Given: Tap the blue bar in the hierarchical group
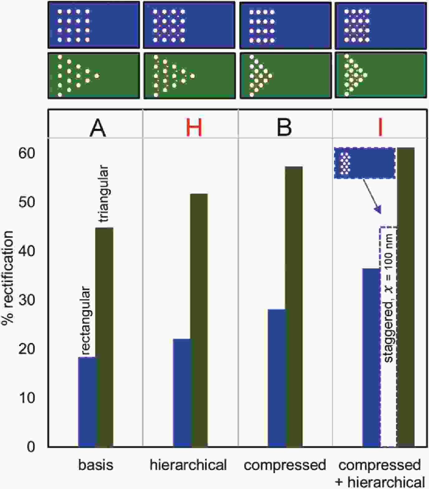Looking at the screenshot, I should [x=182, y=393].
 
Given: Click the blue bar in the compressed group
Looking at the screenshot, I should [x=276, y=378].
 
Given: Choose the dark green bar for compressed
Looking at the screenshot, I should [x=294, y=307].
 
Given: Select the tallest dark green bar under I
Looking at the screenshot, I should [x=406, y=297].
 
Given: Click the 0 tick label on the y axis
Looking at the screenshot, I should [x=31, y=447].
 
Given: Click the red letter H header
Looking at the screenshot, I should [x=194, y=128].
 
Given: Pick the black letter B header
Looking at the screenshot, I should [x=284, y=128].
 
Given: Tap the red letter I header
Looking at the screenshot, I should [x=380, y=128].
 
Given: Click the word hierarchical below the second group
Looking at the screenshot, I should [x=188, y=465].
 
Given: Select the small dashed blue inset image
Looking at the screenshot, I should [x=365, y=163].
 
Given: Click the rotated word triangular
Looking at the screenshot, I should [x=104, y=194].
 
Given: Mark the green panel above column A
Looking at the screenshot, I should [x=94, y=76].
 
